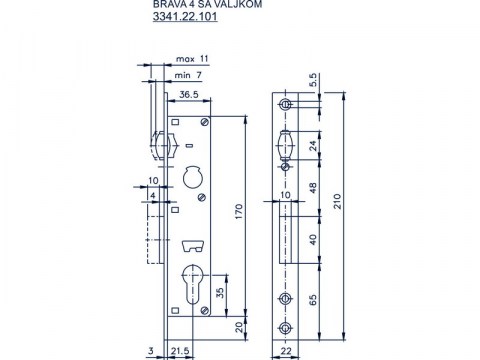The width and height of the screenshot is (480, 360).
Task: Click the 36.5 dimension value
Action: click(190, 96)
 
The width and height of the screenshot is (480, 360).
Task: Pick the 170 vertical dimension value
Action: click(236, 212)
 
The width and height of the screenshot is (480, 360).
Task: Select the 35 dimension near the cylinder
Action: click(220, 293)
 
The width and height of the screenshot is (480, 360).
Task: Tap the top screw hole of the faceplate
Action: click(286, 104)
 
